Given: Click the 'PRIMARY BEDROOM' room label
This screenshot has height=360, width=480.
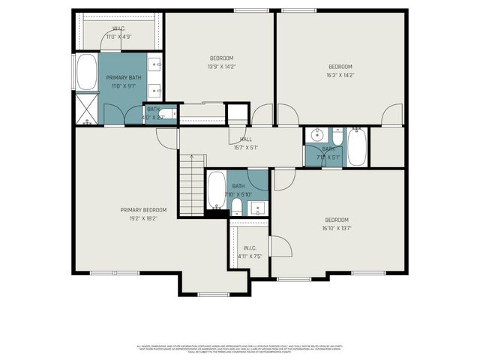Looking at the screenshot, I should [x=143, y=210].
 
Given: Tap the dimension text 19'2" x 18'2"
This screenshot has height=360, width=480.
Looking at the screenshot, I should [x=143, y=218].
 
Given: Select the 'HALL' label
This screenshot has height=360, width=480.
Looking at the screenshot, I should [x=245, y=139].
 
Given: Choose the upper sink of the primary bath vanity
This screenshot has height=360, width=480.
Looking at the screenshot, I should [x=156, y=64].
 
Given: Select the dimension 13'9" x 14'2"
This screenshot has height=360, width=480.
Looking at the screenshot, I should [x=221, y=67].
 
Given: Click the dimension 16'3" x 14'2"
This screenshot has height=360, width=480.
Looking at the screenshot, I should [x=340, y=75].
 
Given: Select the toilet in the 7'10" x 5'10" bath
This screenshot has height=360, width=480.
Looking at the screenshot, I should [x=236, y=206].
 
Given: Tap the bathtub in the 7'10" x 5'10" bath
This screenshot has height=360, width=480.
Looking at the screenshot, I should [x=215, y=190].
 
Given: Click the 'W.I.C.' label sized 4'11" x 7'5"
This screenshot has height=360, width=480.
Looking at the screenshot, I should [x=250, y=247].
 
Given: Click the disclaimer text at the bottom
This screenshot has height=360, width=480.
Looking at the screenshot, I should [x=240, y=348].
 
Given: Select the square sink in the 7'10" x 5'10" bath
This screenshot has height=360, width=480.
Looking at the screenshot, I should [x=258, y=208].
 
